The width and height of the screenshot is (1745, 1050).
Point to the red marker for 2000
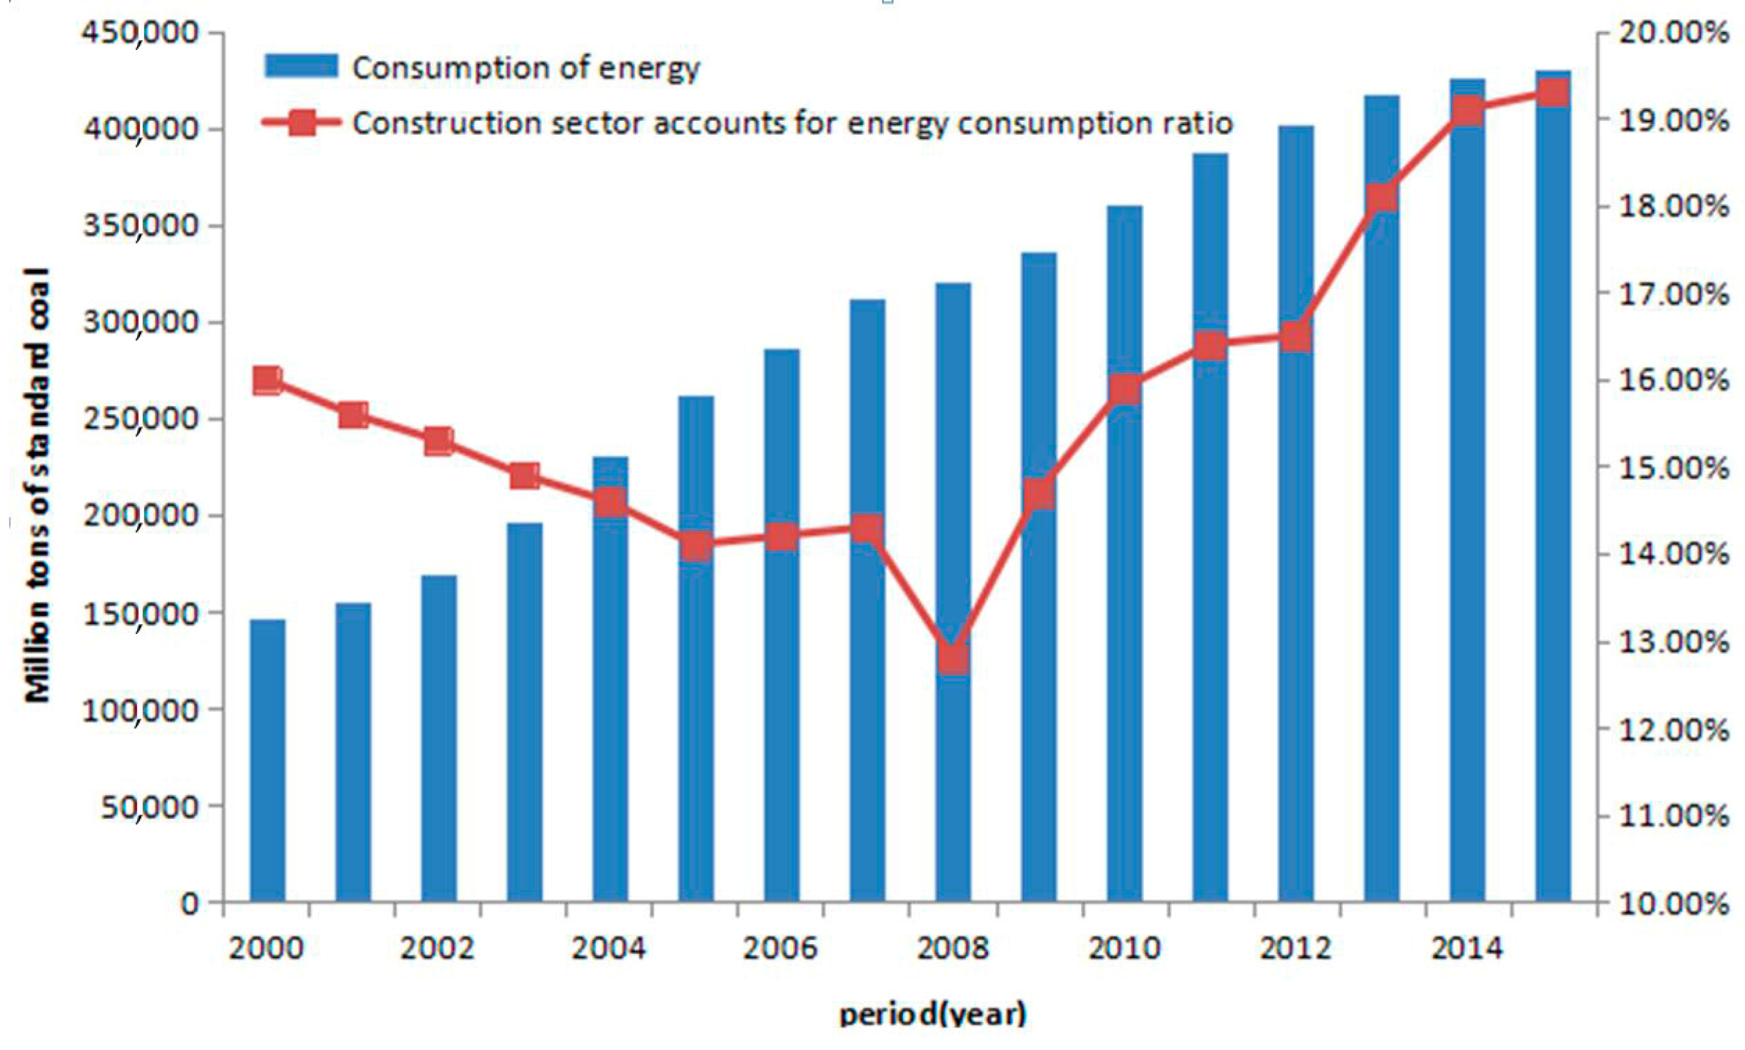coord(268,381)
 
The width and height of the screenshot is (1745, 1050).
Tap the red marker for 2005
coord(697,545)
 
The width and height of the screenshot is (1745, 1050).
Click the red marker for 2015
coord(1553,92)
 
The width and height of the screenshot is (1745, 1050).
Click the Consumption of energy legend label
coord(526,68)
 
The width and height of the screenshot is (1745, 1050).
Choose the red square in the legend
coord(301,123)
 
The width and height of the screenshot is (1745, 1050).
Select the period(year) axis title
coord(931,1015)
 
